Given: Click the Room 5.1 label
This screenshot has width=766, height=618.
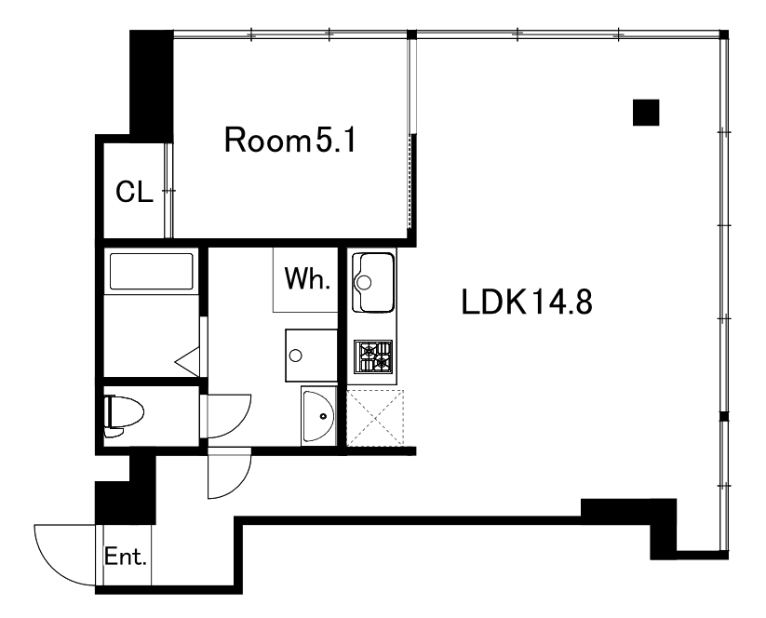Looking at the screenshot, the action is click(x=290, y=140).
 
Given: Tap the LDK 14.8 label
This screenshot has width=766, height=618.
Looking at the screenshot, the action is click(x=527, y=302).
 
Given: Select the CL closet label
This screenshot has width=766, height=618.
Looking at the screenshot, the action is click(x=134, y=192).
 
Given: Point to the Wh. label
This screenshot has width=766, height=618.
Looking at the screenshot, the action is click(x=307, y=278).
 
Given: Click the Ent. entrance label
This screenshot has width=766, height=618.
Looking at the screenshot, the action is click(x=126, y=557).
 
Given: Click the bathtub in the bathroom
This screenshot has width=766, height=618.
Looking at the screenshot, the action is click(x=152, y=271).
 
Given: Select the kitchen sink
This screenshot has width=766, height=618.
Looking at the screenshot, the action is click(x=374, y=282).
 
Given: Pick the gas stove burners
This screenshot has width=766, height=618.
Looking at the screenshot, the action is click(x=374, y=356).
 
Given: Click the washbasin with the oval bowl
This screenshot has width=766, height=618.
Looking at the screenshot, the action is click(x=318, y=416).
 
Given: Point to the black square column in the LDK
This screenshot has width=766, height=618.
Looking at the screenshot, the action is click(x=646, y=113).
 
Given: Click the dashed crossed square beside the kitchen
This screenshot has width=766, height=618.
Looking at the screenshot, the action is click(x=375, y=418).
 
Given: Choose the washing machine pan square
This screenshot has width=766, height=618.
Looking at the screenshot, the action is click(x=311, y=356).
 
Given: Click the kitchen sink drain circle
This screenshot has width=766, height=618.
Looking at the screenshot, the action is click(x=364, y=282).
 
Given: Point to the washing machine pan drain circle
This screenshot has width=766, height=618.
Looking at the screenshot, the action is click(x=296, y=356).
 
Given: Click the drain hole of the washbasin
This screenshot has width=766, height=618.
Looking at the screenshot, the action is click(x=323, y=416).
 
